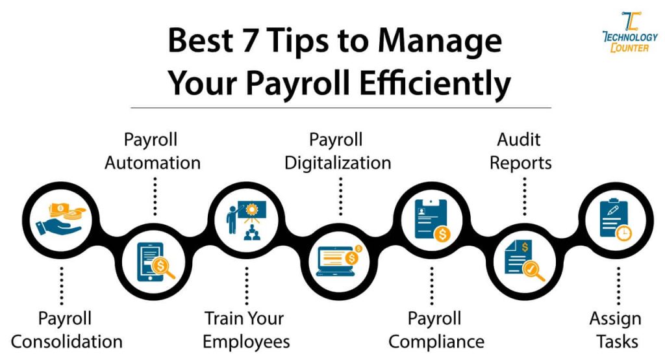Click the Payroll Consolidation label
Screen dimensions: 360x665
coord(66,329)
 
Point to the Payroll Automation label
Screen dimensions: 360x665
coord(152,151)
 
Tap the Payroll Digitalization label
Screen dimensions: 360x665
coord(338,151)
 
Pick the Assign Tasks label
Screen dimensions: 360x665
coord(614,329)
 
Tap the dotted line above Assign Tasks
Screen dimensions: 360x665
coord(617,286)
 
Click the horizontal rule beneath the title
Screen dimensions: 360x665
coord(340,107)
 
